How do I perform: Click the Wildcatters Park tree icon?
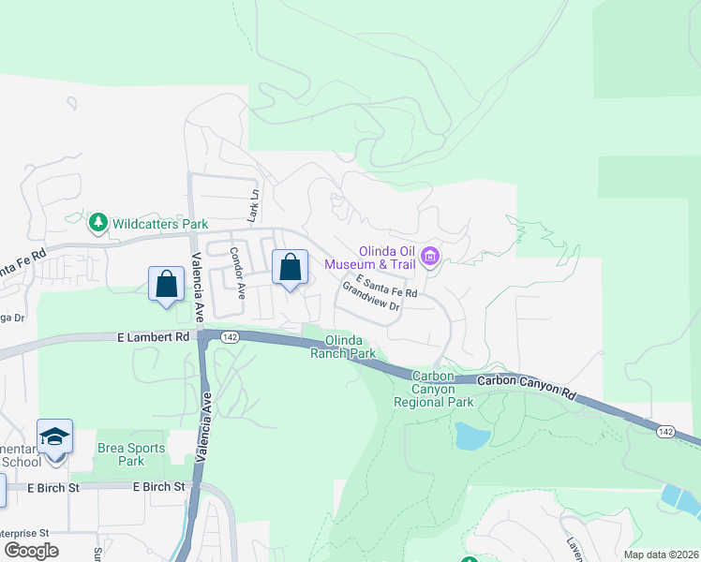tap(97, 223)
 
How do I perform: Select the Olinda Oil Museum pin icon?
tap(430, 256)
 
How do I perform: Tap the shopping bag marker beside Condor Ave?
tap(291, 268)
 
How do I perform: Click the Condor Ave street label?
tap(237, 270)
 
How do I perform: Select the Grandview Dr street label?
tap(371, 297)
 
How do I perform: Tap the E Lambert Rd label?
tap(155, 335)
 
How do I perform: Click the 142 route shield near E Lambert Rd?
tap(229, 336)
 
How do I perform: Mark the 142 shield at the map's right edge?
tap(664, 430)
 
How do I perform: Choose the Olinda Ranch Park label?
tap(350, 347)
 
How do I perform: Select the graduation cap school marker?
tap(55, 437)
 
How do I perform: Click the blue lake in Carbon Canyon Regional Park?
tap(469, 436)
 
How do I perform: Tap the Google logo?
tap(31, 550)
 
